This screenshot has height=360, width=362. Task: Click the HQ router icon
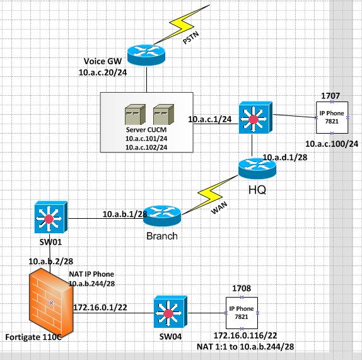pos(257,168)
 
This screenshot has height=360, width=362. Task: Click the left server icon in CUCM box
pos(134,113)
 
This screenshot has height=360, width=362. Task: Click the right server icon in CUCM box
pos(162,113)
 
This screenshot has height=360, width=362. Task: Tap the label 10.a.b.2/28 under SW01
pos(51,260)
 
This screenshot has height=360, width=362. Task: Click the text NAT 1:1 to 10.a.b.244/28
pos(250,347)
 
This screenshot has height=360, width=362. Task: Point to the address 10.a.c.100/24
pos(331,144)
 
